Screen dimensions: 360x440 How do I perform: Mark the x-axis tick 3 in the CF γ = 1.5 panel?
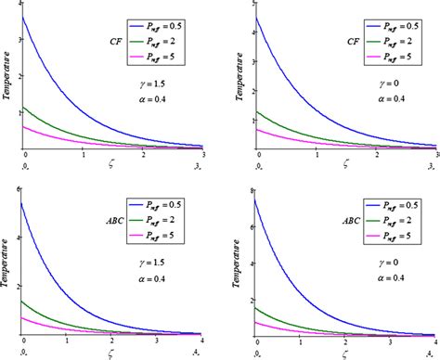[x=203, y=155]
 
